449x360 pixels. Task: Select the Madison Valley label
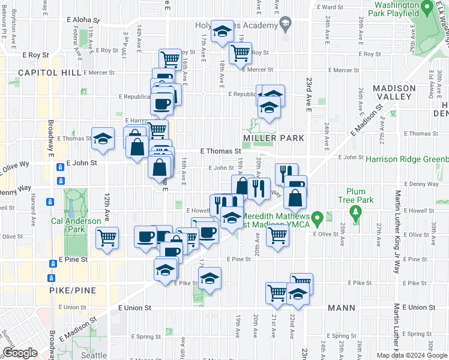click(x=394, y=93)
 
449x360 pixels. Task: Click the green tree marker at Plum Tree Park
click(x=356, y=211)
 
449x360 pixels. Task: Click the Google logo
click(x=20, y=353)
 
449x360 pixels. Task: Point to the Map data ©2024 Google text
click(x=412, y=355)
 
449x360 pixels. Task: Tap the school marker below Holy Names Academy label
click(x=223, y=32)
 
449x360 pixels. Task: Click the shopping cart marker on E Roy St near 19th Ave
click(x=240, y=53)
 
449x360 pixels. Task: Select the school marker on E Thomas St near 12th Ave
click(x=103, y=139)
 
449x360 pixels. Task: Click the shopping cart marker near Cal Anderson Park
click(x=107, y=238)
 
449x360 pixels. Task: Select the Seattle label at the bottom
click(x=94, y=355)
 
